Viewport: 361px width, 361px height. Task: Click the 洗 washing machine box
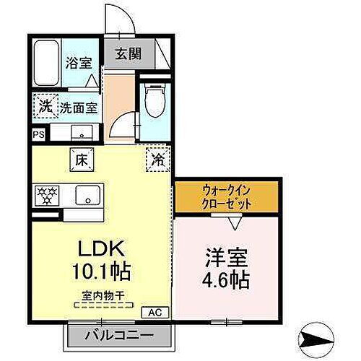click(44, 105)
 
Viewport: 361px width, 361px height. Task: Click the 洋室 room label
click(225, 256)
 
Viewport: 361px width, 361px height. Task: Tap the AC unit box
click(155, 313)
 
